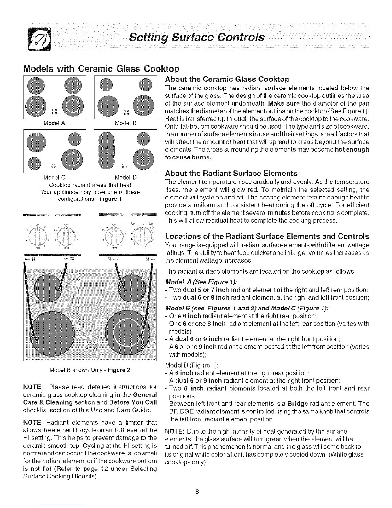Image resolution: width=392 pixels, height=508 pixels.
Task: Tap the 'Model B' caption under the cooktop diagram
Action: click(126, 122)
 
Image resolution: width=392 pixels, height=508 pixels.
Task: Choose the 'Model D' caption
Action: click(126, 177)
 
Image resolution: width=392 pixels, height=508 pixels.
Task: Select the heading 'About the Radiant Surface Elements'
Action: click(231, 174)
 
